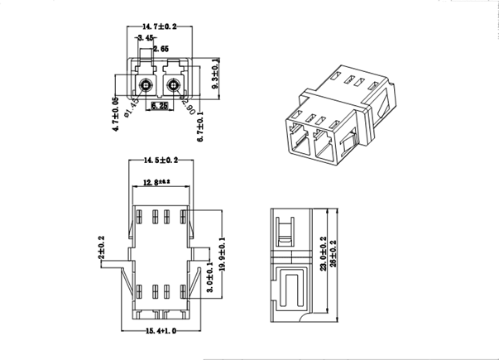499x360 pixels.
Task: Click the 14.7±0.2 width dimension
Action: click(159, 27)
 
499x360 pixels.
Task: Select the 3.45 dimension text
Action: click(146, 38)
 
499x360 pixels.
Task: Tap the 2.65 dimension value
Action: click(161, 50)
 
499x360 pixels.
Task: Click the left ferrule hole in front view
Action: click(146, 84)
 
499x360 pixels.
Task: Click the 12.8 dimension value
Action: click(155, 181)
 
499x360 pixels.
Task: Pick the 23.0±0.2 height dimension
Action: click(321, 252)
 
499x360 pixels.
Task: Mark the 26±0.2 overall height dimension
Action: click(333, 252)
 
